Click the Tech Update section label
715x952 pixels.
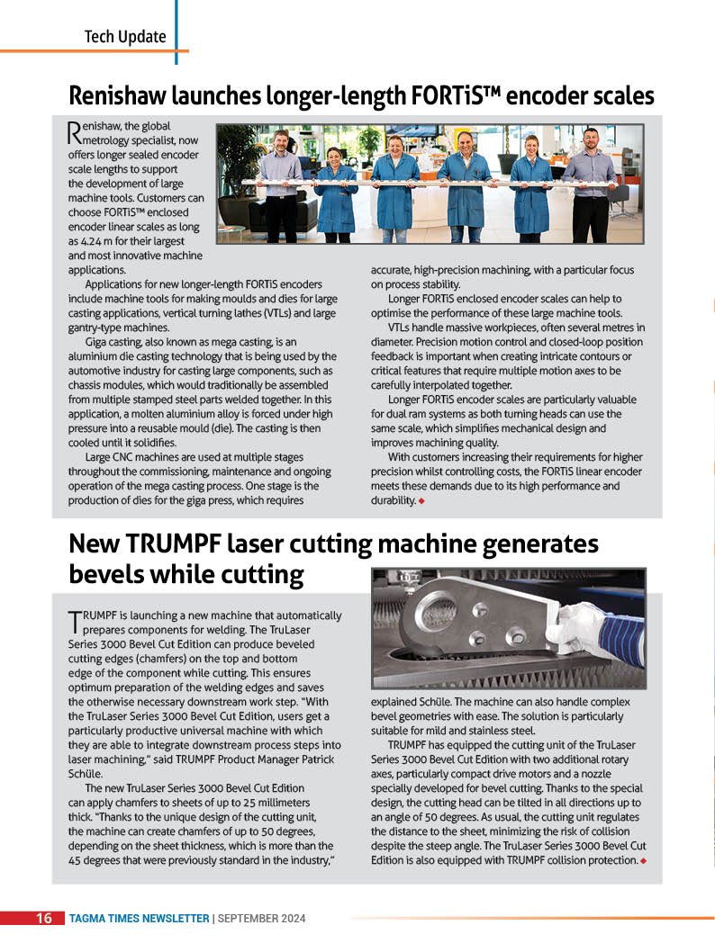point(125,37)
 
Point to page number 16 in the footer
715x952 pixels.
point(43,919)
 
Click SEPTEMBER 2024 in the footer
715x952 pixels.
point(262,919)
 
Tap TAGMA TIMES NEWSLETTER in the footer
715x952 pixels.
point(139,919)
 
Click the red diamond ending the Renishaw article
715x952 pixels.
point(421,501)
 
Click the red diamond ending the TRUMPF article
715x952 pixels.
point(643,861)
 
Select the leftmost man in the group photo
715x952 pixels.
point(281,184)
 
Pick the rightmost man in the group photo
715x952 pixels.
point(590,184)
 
